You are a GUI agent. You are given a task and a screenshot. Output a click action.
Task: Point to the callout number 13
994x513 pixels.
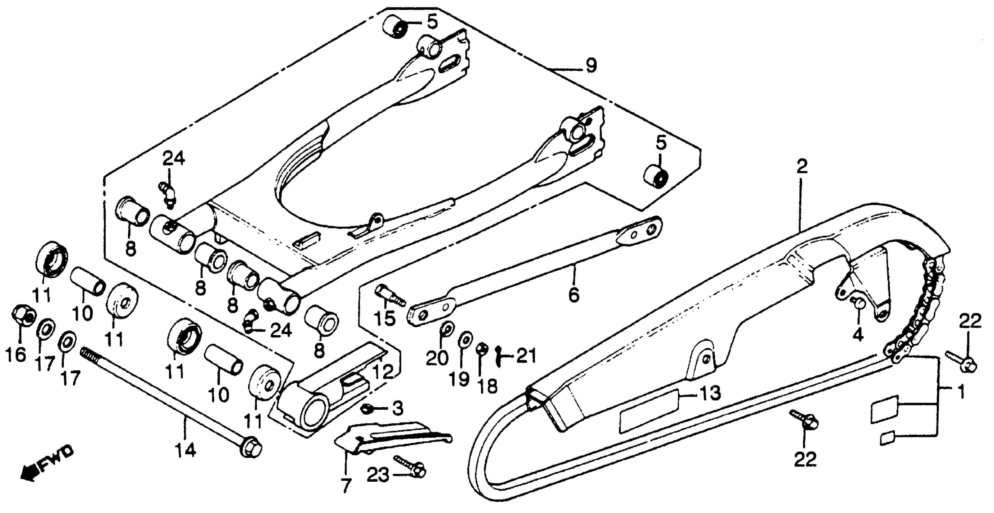click(x=710, y=393)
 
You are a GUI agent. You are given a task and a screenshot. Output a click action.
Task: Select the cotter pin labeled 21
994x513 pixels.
click(x=499, y=356)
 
